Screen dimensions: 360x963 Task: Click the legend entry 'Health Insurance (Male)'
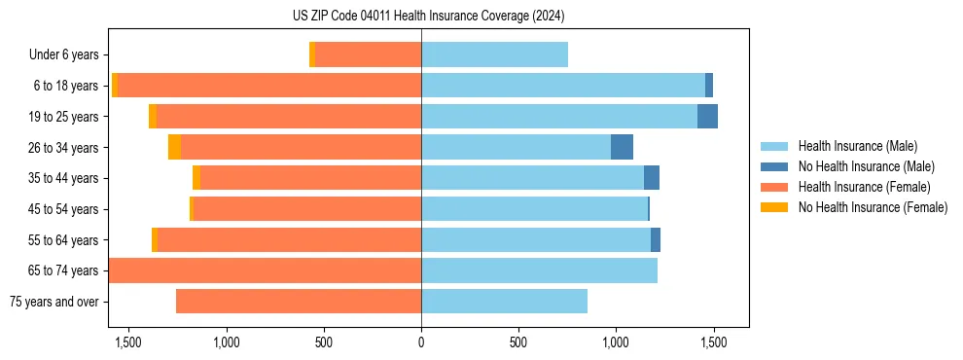point(857,146)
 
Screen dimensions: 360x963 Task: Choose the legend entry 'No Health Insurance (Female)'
point(873,207)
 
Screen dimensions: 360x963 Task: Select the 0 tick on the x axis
point(421,342)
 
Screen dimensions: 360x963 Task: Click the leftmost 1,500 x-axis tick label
point(128,342)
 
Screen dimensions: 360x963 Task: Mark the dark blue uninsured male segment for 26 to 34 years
point(622,147)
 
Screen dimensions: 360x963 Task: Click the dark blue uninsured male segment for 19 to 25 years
point(707,117)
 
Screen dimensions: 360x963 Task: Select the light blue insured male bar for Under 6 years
point(494,54)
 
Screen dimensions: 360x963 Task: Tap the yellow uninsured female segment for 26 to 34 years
point(174,147)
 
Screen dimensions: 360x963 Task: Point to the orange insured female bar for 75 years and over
point(299,302)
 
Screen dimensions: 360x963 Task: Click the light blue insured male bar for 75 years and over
point(504,302)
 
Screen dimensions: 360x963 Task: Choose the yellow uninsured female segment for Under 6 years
point(312,54)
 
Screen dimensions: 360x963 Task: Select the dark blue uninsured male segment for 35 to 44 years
point(652,178)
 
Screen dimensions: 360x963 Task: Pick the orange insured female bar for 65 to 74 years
point(265,270)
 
